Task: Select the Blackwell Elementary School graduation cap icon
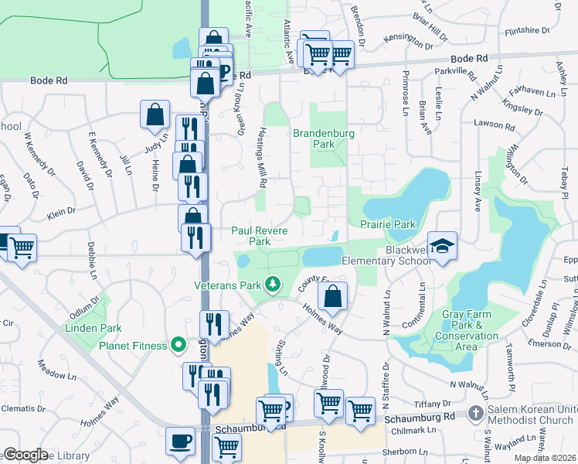point(442,247)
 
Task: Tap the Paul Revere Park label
point(260,236)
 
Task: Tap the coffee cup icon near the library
point(181,442)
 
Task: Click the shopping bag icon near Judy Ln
point(155,115)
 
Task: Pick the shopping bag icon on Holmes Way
point(332,296)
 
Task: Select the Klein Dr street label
point(61,210)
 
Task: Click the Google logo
point(26,455)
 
